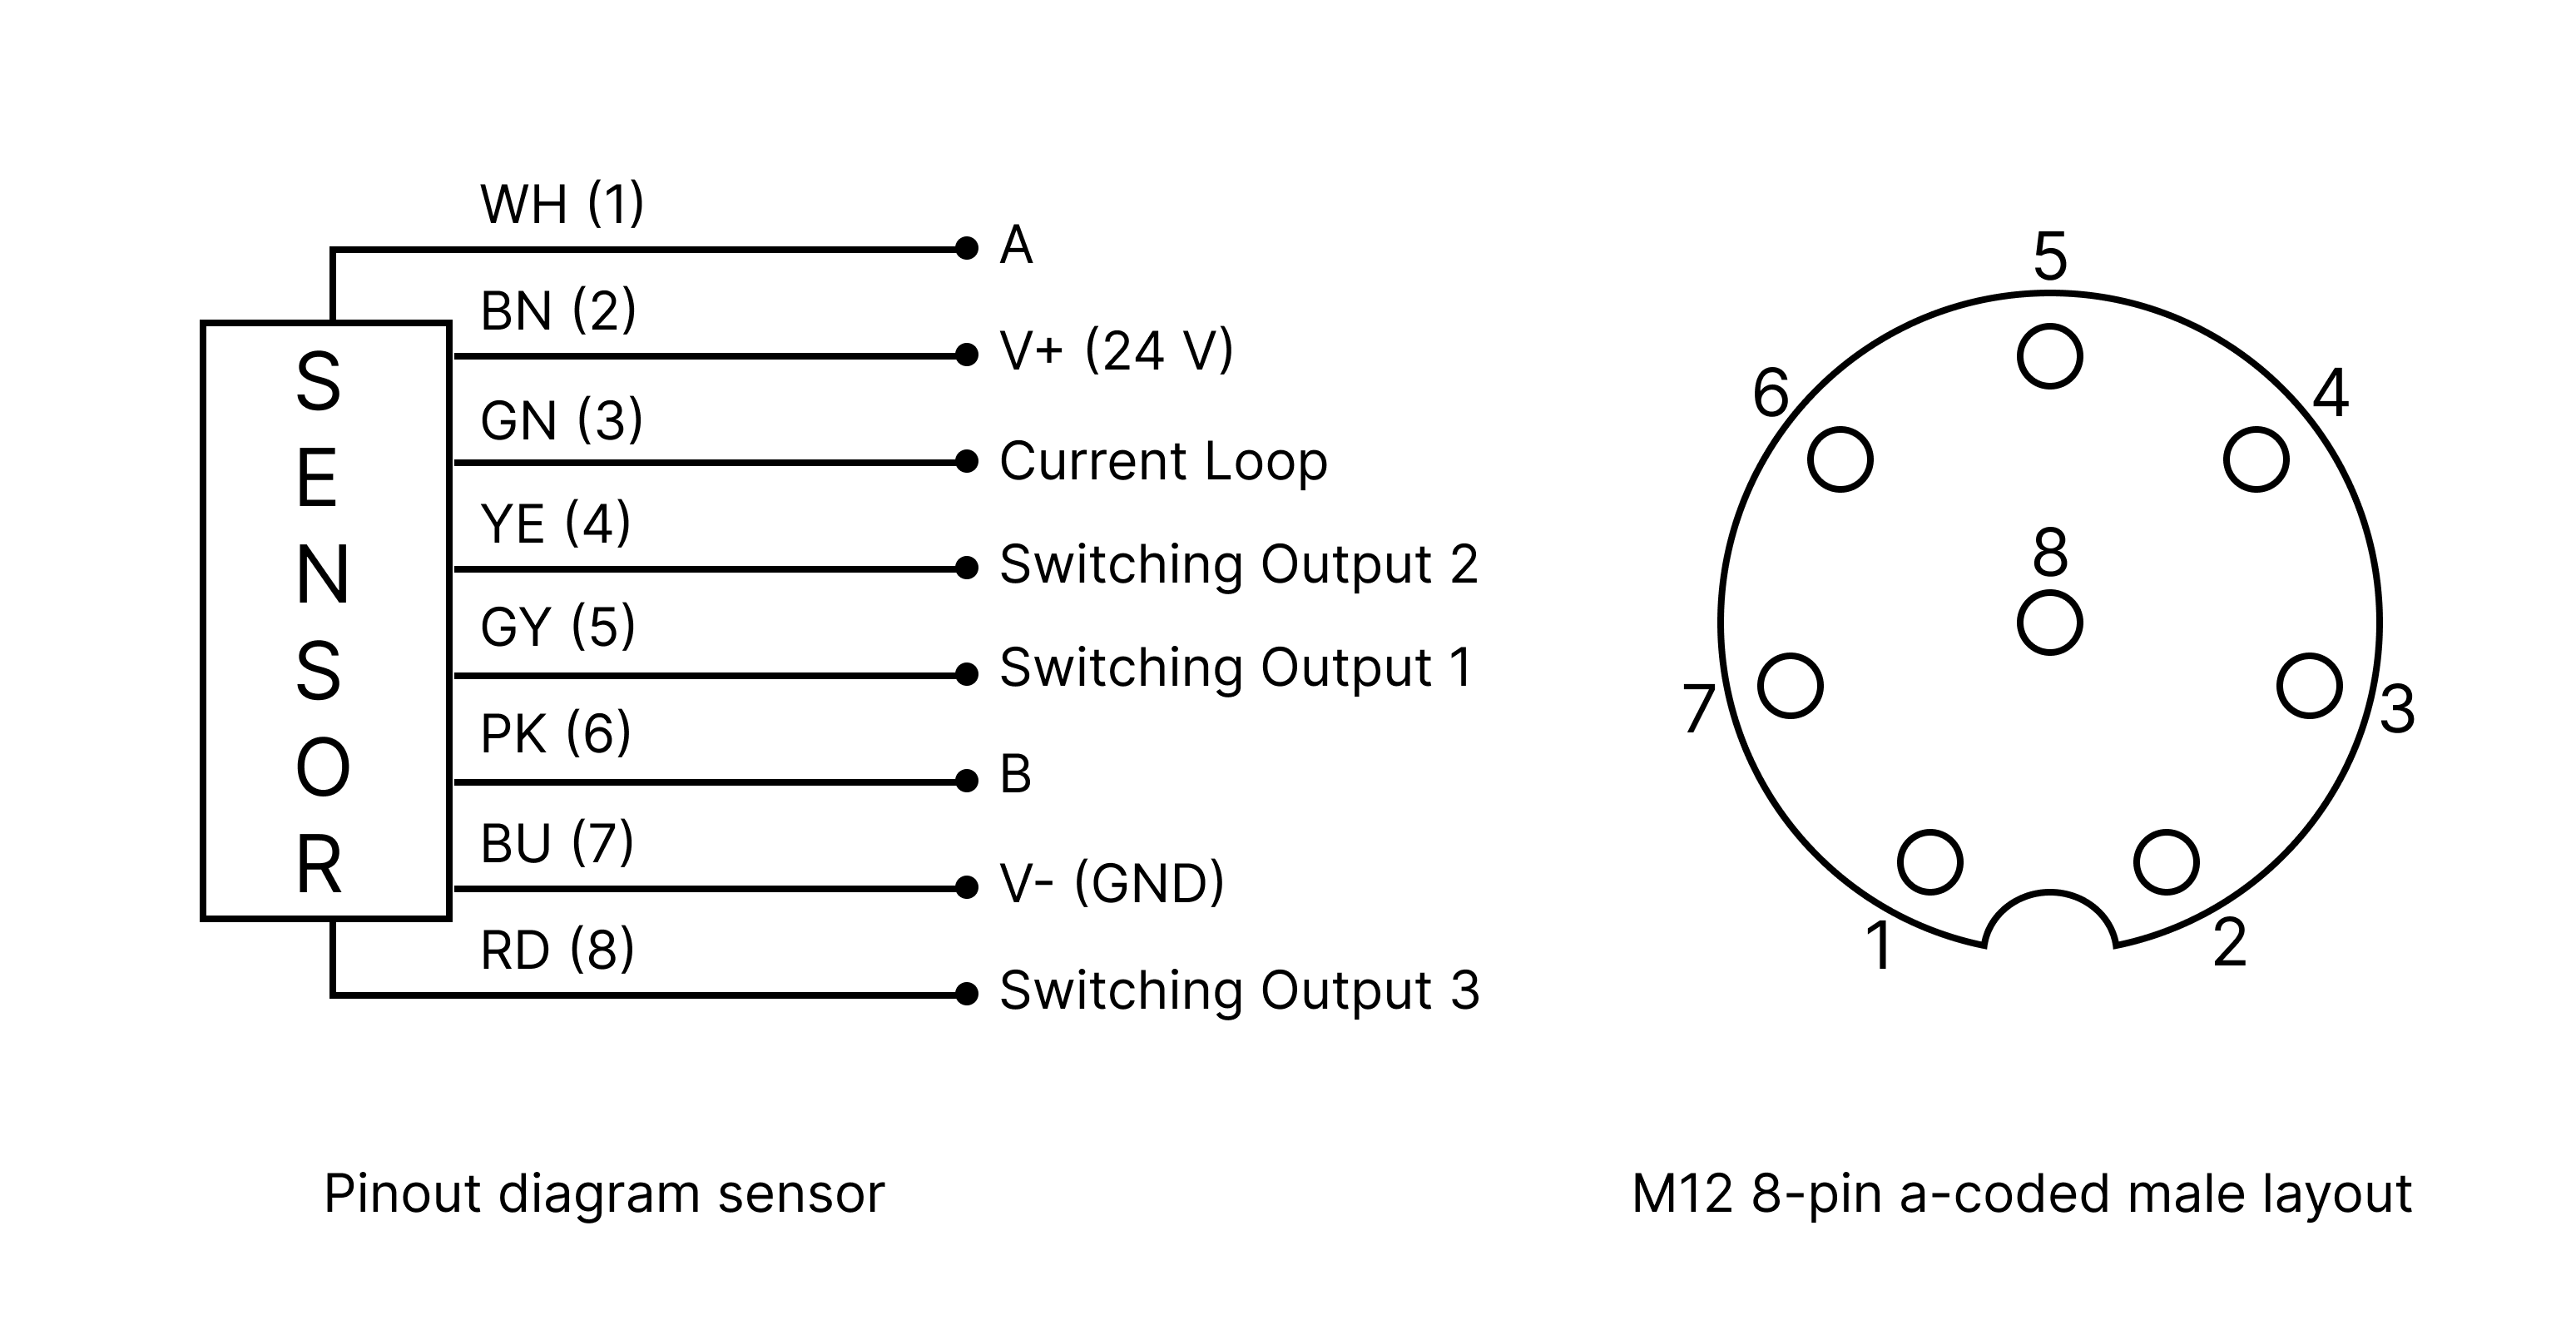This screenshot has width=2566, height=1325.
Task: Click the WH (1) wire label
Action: (562, 206)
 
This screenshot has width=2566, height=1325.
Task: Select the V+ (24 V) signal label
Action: (1116, 350)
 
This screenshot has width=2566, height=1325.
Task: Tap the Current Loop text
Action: (1162, 461)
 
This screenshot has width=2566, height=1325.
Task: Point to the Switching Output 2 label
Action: (1238, 565)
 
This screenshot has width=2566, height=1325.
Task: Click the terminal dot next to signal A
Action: (965, 248)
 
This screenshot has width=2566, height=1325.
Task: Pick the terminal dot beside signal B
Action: (965, 781)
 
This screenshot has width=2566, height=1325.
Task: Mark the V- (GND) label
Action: (1111, 884)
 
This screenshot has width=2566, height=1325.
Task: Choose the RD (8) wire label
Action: (557, 950)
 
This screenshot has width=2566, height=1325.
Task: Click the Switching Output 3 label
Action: (1238, 990)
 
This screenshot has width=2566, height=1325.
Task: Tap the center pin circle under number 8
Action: (2049, 623)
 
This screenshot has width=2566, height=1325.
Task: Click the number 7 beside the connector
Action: (1697, 709)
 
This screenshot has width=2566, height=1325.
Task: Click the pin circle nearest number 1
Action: (1929, 861)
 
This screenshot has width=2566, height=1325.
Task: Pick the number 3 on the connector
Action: (2396, 709)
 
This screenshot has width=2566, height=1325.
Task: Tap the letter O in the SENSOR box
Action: (323, 768)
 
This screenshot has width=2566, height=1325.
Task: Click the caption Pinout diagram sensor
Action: (604, 1193)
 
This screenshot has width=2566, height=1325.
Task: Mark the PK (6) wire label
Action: (555, 734)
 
